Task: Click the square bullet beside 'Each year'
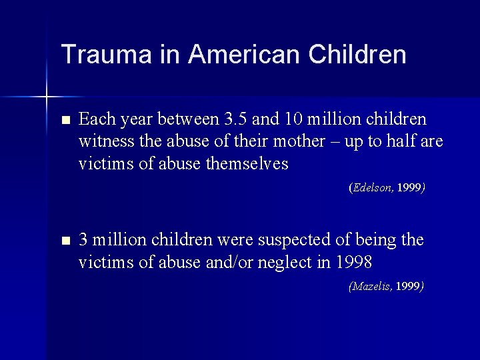point(64,121)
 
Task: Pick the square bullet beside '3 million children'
point(64,241)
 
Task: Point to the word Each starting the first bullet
point(95,120)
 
